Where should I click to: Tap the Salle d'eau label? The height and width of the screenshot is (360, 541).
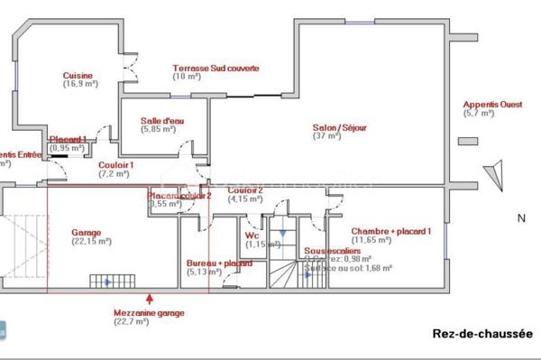click(x=163, y=120)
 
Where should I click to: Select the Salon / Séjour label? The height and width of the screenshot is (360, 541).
click(x=339, y=127)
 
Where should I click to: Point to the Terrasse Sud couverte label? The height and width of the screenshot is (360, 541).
click(x=216, y=68)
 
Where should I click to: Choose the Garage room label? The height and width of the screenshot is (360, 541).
click(x=87, y=232)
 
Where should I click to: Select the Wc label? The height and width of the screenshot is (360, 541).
click(x=252, y=235)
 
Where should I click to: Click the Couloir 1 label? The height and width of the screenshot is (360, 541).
click(x=116, y=165)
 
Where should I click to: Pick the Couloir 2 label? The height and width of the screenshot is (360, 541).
click(x=244, y=190)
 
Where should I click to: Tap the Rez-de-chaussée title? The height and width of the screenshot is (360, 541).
click(x=483, y=334)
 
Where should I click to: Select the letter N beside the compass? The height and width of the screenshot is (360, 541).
click(x=520, y=217)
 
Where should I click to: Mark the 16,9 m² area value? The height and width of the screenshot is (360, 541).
click(x=79, y=84)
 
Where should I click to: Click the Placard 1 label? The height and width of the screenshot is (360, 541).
click(x=69, y=139)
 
